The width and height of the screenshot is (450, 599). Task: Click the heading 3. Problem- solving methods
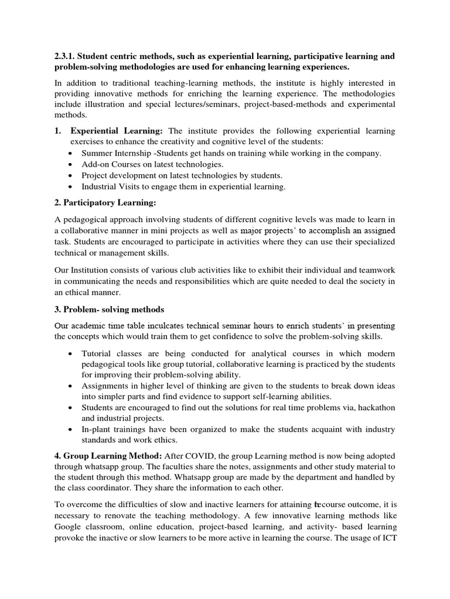click(109, 309)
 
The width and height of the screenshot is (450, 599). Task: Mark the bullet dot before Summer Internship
click(70, 153)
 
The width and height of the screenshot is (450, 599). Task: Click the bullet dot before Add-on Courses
click(70, 164)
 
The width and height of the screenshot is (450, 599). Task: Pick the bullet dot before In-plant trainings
click(70, 430)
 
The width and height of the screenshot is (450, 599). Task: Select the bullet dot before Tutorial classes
click(70, 354)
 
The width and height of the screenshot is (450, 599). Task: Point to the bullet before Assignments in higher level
click(70, 386)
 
